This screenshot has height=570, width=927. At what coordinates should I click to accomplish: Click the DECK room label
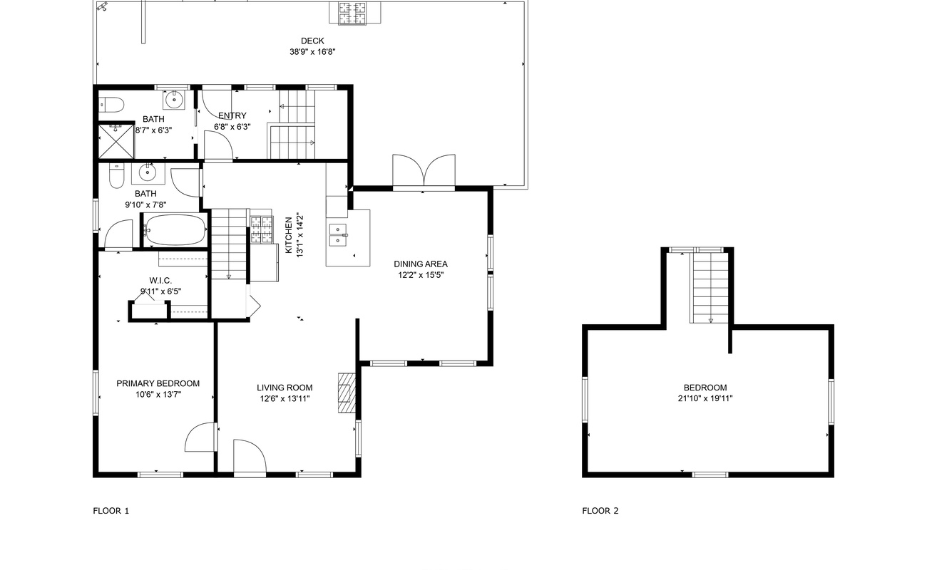point(312,41)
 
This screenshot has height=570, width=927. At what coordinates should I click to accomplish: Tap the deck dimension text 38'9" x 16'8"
point(312,52)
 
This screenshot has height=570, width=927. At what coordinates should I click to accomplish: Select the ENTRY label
point(232,115)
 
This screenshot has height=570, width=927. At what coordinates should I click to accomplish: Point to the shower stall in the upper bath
point(116,141)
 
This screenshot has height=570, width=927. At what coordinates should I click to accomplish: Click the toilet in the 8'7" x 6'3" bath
point(112,105)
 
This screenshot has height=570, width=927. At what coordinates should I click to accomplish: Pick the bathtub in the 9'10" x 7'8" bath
point(175,230)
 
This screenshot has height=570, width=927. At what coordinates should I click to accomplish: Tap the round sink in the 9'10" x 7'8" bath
point(147,172)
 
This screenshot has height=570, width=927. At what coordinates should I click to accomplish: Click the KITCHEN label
point(289,235)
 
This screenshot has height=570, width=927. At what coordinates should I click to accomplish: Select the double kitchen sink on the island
point(339,235)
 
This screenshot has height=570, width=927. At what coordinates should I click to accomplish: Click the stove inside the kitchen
point(262,229)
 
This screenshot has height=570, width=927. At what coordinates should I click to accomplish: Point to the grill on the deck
point(354,13)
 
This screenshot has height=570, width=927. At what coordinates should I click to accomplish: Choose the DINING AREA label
point(421,264)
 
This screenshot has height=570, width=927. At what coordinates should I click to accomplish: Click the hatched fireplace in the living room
point(347,393)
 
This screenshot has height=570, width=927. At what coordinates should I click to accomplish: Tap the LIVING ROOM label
point(285,388)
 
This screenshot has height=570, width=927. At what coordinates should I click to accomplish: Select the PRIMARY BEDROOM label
point(158,383)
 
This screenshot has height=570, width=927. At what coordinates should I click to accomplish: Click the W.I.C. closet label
point(160,281)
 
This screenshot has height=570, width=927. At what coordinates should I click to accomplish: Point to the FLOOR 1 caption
point(111,511)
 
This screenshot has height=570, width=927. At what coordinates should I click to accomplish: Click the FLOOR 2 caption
point(600,511)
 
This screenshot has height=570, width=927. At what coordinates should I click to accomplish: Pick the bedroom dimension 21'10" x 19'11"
point(705,398)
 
